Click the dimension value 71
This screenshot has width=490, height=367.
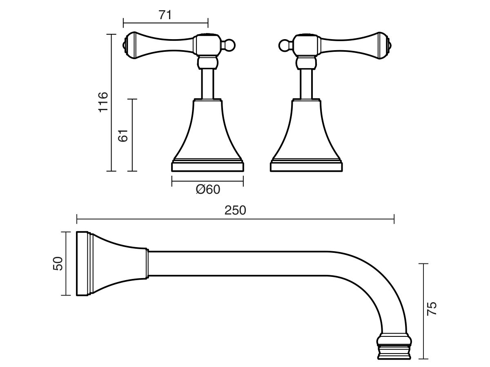165,15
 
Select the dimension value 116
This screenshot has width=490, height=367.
103,102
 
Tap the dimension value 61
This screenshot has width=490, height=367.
123,135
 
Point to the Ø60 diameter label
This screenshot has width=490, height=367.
207,190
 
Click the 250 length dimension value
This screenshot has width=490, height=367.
235,210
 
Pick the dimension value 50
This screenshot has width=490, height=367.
58,263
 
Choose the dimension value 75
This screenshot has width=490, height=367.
432,308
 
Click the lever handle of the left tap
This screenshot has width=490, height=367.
159,45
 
